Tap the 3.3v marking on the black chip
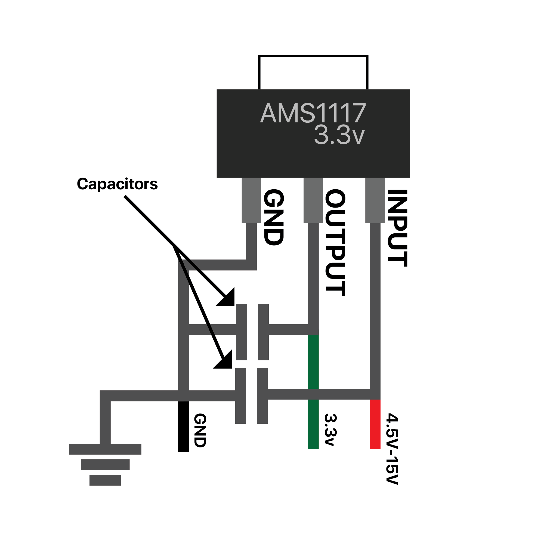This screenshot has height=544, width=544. pos(339,135)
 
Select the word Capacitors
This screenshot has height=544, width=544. pos(117,184)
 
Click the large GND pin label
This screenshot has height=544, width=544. pos(273,217)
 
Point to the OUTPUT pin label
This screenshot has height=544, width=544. pos(335,243)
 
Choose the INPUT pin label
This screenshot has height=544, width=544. pos(397,228)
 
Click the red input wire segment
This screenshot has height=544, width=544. pos(375,424)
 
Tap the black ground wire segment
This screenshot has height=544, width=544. pos(184,426)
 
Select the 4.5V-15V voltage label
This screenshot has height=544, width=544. pos(392,449)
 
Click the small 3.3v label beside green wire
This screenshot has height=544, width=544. pos(330,430)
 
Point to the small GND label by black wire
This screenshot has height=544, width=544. pos(200,431)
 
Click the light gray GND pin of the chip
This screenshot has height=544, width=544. pos(251,200)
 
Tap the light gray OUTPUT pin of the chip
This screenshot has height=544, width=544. pos(313,200)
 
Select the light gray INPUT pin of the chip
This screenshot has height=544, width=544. pos(375,200)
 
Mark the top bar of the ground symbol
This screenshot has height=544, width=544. pos(105,449)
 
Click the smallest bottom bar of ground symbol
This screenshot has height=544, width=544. pos(105,480)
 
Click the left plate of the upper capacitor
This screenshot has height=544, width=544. pos(242,332)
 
